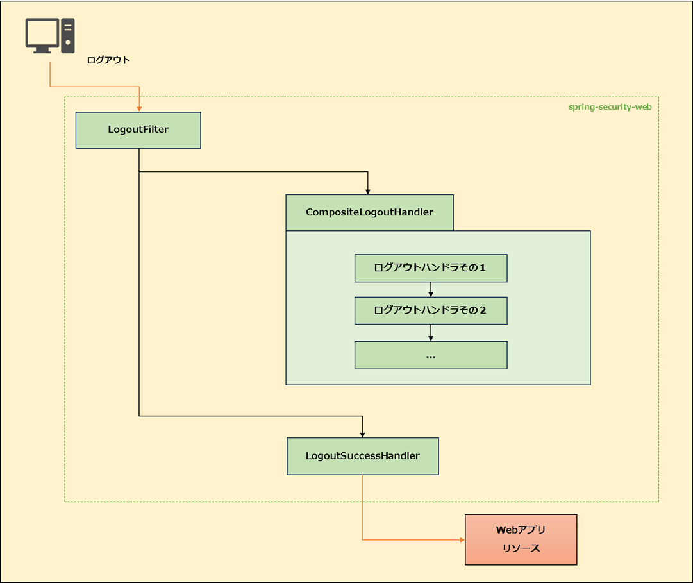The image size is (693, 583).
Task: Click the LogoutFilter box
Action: (138, 130)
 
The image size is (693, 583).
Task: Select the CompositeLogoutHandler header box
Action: (369, 212)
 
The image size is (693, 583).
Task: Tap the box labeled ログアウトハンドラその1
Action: (431, 268)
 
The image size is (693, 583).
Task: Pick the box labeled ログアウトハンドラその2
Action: (431, 310)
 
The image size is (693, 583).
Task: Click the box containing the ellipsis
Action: (431, 355)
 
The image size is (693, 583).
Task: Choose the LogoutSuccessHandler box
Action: (363, 456)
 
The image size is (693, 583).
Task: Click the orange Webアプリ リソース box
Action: (521, 539)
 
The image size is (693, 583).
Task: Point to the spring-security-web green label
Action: (610, 107)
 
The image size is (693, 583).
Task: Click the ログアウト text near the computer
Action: (108, 60)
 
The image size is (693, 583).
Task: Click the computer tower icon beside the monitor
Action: (68, 35)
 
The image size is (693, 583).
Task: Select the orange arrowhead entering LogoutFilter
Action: (139, 108)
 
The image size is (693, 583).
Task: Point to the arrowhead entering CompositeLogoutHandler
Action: (368, 190)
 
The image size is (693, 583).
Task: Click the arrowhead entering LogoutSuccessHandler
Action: (363, 434)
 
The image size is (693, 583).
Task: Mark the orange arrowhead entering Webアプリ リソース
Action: (461, 539)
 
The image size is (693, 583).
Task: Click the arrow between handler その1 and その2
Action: (431, 289)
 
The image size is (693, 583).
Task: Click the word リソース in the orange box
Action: (521, 548)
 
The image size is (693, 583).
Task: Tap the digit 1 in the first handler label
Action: (483, 268)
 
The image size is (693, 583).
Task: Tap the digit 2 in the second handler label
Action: (483, 310)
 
